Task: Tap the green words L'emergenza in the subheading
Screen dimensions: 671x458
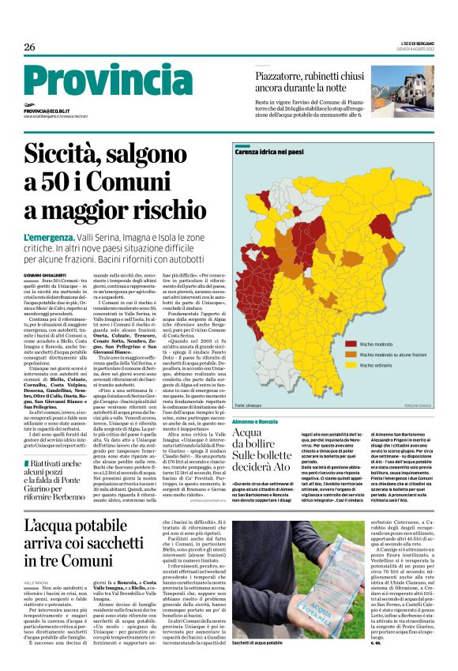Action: click(49, 238)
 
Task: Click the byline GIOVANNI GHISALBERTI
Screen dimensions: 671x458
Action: click(48, 273)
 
